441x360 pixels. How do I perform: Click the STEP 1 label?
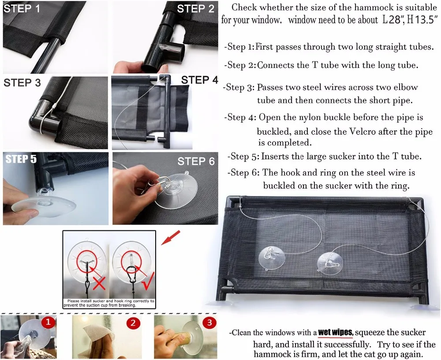pyautogui.click(x=22, y=9)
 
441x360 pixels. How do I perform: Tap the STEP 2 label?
pyautogui.click(x=196, y=9)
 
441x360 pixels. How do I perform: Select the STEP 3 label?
pyautogui.click(x=22, y=83)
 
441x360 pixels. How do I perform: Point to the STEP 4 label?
pyautogui.click(x=200, y=80)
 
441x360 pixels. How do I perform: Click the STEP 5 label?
pyautogui.click(x=21, y=159)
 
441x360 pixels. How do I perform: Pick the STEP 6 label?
pyautogui.click(x=196, y=161)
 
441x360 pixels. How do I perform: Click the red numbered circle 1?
pyautogui.click(x=48, y=322)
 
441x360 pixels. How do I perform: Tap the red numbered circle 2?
pyautogui.click(x=133, y=322)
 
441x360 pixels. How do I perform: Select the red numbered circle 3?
pyautogui.click(x=209, y=322)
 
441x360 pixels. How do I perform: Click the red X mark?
pyautogui.click(x=99, y=284)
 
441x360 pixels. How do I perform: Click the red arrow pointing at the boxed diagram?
pyautogui.click(x=170, y=237)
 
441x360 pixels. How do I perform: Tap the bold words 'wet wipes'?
pyautogui.click(x=335, y=333)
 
